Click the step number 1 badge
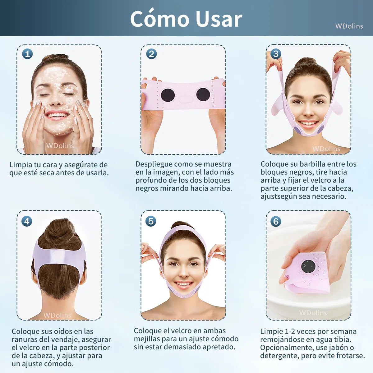tap(27, 54)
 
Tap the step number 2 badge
tap(151, 54)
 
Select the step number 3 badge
tap(276, 54)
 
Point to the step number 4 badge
tap(27, 221)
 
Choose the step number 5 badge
tap(151, 221)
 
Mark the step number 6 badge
tap(276, 221)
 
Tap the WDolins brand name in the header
tap(349, 26)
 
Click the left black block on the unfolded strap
tap(167, 94)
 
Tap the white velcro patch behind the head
tap(59, 256)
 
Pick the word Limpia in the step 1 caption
tap(21, 165)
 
